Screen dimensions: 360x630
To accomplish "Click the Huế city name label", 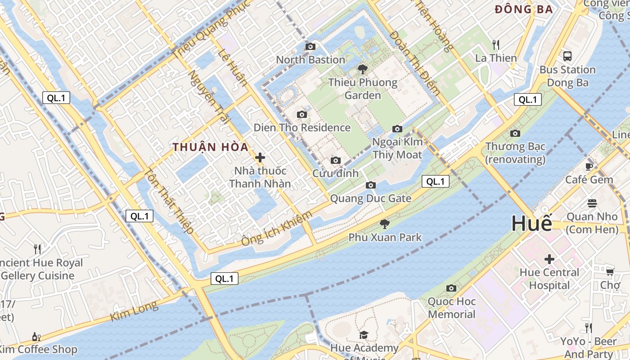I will tap(531, 223).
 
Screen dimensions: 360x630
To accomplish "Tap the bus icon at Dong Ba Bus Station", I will tap(567, 56).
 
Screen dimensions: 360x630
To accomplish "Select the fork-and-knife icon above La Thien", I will tap(496, 45).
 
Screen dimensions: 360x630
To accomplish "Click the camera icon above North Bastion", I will tap(310, 46).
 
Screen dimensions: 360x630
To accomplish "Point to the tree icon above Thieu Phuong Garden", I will tap(362, 69).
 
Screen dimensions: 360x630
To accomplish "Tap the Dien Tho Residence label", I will tap(302, 127).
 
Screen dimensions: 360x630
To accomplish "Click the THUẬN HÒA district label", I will tap(211, 147).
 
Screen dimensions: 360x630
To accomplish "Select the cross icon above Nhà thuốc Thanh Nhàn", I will tap(260, 157).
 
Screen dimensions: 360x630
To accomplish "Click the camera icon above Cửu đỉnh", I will tap(335, 160).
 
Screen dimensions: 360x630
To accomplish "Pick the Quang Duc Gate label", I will tap(371, 198).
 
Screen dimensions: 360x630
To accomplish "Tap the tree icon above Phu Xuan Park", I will tap(385, 224).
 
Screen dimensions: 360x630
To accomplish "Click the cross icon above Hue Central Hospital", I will tap(549, 259).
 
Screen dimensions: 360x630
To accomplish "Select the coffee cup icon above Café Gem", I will tap(589, 166).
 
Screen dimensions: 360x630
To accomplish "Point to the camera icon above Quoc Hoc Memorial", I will tap(451, 288).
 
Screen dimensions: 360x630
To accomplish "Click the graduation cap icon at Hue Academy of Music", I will tap(364, 335).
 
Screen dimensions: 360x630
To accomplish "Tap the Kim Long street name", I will tap(135, 311).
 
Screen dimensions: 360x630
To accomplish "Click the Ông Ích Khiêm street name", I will tap(277, 228).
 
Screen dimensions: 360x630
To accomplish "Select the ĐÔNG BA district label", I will tap(523, 9).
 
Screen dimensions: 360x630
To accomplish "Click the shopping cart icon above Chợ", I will tap(610, 271).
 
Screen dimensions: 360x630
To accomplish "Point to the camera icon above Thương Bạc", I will tap(515, 133).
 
